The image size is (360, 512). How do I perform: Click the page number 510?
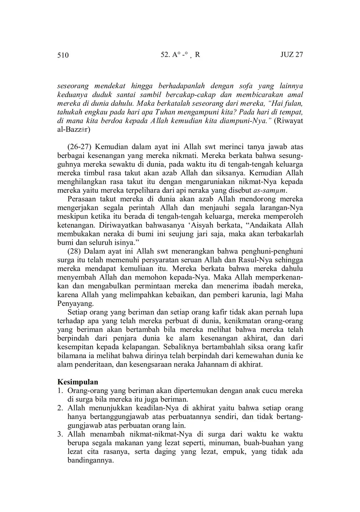(63, 55)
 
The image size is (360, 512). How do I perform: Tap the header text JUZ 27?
(291, 55)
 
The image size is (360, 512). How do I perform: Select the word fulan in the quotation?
(294, 103)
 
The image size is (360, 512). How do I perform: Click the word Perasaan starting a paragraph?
(82, 199)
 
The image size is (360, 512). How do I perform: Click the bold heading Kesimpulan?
(78, 382)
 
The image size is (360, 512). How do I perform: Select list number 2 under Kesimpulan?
(60, 408)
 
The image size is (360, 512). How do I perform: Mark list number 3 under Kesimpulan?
(60, 434)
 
